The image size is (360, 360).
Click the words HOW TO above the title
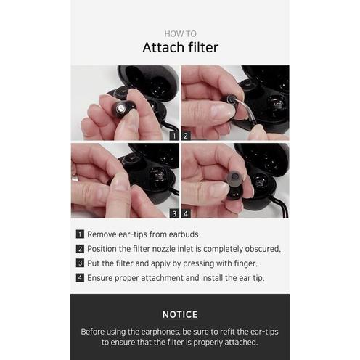[181, 34]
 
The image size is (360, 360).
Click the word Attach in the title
[163, 47]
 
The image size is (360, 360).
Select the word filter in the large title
[203, 47]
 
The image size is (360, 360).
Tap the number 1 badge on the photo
[174, 136]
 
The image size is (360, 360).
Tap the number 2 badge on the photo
[186, 136]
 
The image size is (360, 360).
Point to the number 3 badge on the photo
[174, 213]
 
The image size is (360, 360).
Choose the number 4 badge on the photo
[186, 213]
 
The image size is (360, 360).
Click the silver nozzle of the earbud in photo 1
[120, 108]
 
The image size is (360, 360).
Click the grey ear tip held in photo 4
[234, 179]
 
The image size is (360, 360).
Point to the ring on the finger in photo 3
[75, 178]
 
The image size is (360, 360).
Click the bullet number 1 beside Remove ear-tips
[80, 234]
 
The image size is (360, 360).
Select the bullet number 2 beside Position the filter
[80, 249]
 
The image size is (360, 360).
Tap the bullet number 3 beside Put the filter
[80, 263]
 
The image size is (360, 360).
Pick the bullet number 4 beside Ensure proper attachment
[80, 278]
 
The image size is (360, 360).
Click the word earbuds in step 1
[184, 234]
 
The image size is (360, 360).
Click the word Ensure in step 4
[99, 278]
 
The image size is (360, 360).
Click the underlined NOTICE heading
[180, 314]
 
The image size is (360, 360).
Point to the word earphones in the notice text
[160, 332]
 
